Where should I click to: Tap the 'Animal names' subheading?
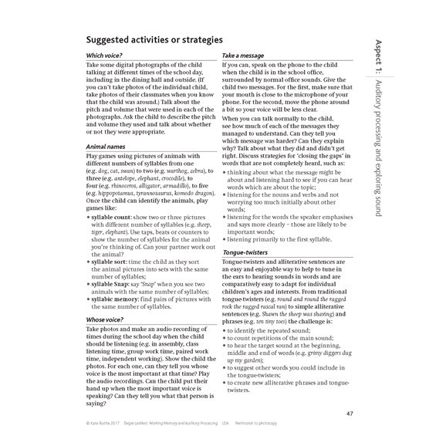point(107,146)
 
